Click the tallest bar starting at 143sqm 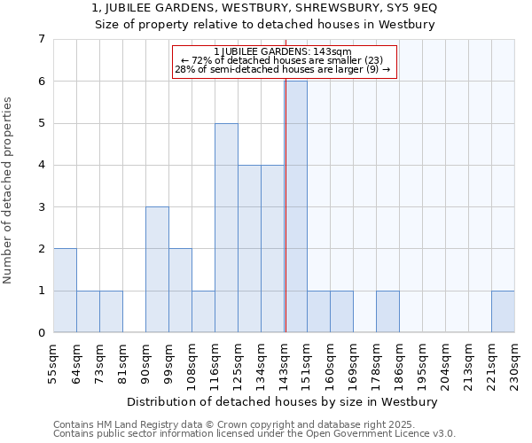pos(295,206)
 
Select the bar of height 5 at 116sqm pos(226,228)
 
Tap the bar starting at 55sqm pos(65,291)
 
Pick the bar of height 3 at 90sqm pos(157,269)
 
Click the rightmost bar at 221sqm pos(503,311)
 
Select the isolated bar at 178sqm pos(387,311)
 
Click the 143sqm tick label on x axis pos(285,361)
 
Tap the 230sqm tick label pos(515,361)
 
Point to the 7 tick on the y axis pos(41,39)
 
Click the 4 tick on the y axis pos(41,165)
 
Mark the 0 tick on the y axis pos(41,333)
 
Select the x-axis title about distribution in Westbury pos(284,401)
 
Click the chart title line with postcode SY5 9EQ pos(265,8)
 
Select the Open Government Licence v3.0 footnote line pos(254,434)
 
